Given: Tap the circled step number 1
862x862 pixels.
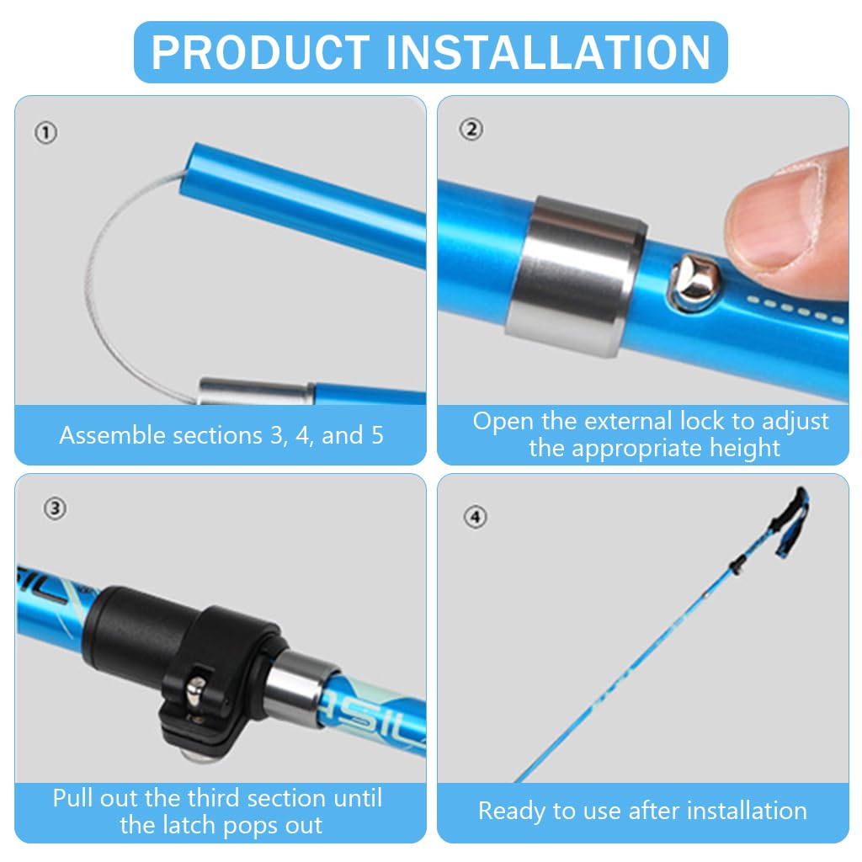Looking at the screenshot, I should click(x=46, y=132).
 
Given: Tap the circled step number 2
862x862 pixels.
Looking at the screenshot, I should click(x=471, y=129).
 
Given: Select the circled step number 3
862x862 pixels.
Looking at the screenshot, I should click(x=55, y=508).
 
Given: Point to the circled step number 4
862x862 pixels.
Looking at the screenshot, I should click(x=476, y=516).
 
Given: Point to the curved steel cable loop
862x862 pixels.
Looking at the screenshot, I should click(x=105, y=286).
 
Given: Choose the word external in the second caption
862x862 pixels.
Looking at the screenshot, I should click(x=626, y=421).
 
